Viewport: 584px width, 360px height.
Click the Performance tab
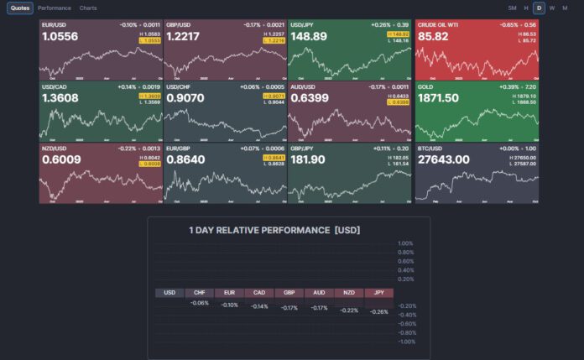pyautogui.click(x=55, y=8)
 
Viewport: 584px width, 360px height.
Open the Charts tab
pyautogui.click(x=88, y=8)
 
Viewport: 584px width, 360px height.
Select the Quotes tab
pyautogui.click(x=20, y=8)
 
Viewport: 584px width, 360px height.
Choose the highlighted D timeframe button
pyautogui.click(x=540, y=8)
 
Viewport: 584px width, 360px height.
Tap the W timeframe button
pyautogui.click(x=552, y=8)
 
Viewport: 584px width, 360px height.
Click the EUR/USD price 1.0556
pyautogui.click(x=60, y=37)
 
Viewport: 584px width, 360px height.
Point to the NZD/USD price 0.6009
pyautogui.click(x=60, y=159)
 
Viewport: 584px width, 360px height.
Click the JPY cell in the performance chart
pyautogui.click(x=379, y=293)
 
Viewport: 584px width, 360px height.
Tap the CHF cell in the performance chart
pyautogui.click(x=200, y=293)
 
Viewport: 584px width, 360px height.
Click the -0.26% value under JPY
pyautogui.click(x=379, y=311)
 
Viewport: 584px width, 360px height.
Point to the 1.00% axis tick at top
pyautogui.click(x=406, y=243)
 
